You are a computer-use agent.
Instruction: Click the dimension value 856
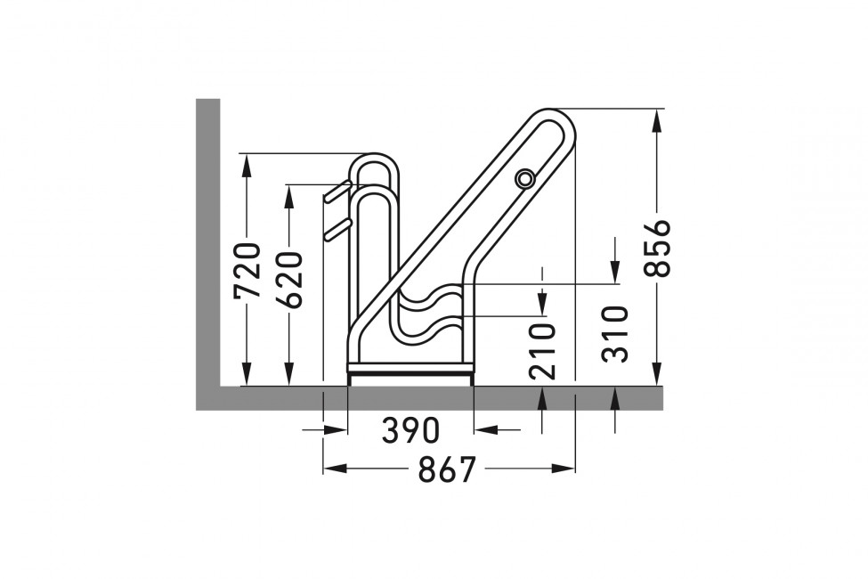click(658, 248)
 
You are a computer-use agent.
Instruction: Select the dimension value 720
click(247, 271)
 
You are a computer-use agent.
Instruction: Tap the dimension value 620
click(289, 280)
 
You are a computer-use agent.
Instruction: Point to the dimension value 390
click(410, 430)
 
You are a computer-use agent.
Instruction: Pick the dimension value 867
click(447, 469)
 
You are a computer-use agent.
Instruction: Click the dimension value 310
click(616, 334)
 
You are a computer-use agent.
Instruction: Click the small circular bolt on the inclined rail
click(524, 178)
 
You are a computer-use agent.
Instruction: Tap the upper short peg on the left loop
click(337, 192)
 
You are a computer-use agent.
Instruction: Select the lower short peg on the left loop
click(337, 230)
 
